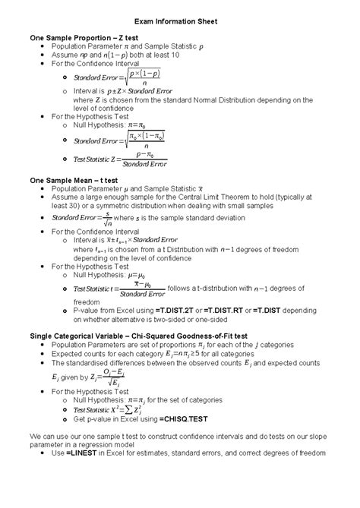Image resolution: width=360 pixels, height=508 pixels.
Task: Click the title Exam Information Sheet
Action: (x=180, y=22)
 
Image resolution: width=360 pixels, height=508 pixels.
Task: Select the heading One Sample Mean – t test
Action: (x=73, y=180)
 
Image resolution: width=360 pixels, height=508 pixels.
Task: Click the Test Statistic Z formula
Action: (x=119, y=159)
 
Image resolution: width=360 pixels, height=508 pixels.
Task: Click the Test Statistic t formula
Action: (x=118, y=289)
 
